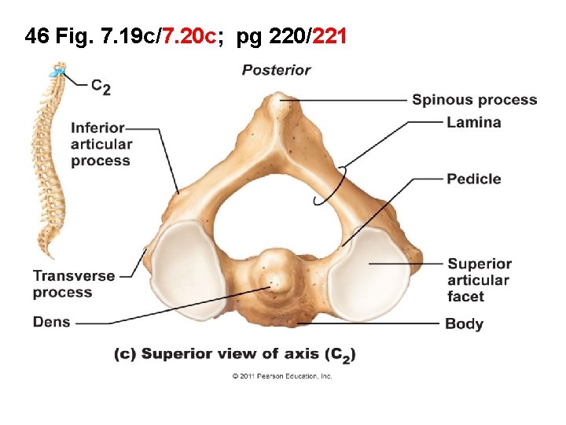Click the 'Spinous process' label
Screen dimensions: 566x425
pyautogui.click(x=474, y=100)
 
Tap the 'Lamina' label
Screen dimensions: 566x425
pyautogui.click(x=473, y=122)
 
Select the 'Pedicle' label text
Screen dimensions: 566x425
pyautogui.click(x=473, y=179)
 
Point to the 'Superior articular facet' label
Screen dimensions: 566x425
pyautogui.click(x=479, y=279)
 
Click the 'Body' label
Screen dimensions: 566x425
pyautogui.click(x=464, y=323)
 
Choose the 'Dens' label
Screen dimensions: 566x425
pyautogui.click(x=52, y=321)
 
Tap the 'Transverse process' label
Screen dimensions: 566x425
pyautogui.click(x=73, y=284)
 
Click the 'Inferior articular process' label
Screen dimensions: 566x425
pyautogui.click(x=101, y=144)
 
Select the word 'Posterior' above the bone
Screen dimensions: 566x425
pyautogui.click(x=276, y=70)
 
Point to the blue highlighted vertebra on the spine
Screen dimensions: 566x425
pyautogui.click(x=56, y=73)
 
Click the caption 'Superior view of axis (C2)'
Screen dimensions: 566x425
pyautogui.click(x=235, y=354)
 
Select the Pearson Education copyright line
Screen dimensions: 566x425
pyautogui.click(x=282, y=376)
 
